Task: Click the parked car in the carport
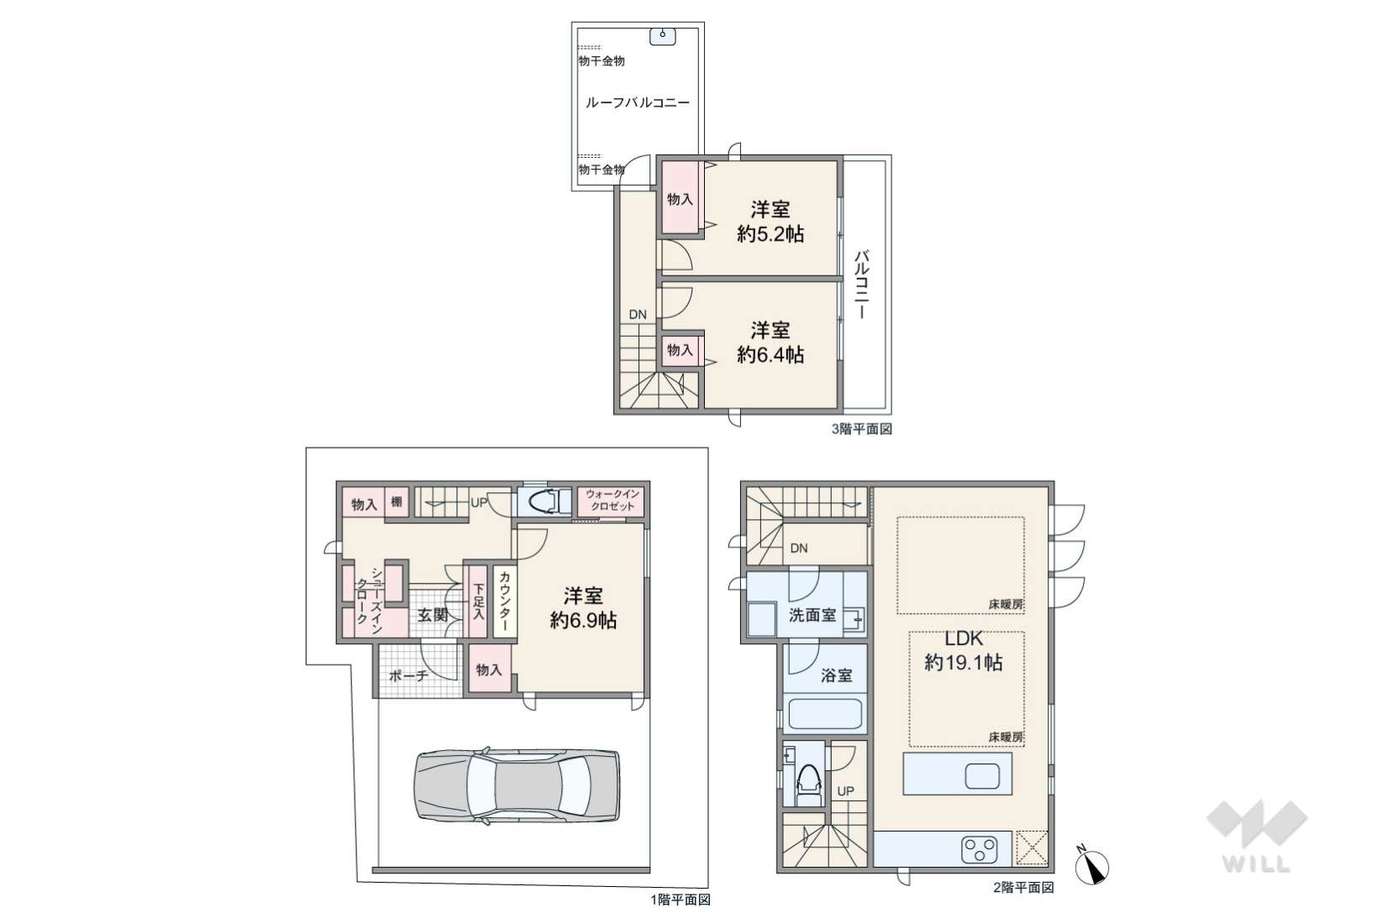coord(517,784)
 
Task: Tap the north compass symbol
coord(1091,866)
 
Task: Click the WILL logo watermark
coord(1257,837)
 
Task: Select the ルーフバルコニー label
coord(637,102)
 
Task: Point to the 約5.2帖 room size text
coord(770,234)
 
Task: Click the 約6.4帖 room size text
coord(770,354)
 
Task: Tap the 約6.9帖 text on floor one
coord(583,620)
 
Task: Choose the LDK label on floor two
coord(964,638)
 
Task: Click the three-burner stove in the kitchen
coord(979,851)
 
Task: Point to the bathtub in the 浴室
coord(824,714)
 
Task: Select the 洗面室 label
coord(812,615)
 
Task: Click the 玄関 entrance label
coord(433,615)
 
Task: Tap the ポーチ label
coord(408,676)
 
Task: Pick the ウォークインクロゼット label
coord(612,501)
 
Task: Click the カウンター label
coord(504,601)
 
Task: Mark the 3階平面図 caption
coord(861,429)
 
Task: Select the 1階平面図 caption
coord(681,900)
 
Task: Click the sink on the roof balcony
coord(663,36)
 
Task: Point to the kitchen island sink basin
coord(982,776)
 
